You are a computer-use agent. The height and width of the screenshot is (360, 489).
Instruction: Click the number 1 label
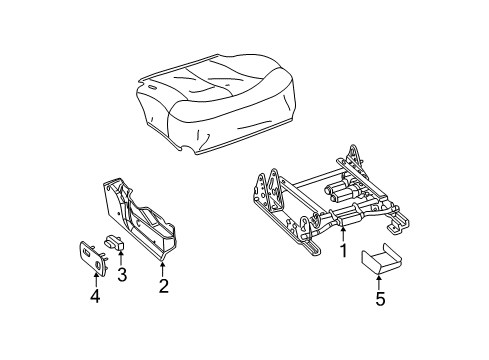[343, 251]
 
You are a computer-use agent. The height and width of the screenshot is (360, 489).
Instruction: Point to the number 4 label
[95, 296]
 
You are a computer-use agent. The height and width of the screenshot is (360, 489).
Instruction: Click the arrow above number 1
[343, 235]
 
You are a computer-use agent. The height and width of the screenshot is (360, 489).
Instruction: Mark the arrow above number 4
[95, 280]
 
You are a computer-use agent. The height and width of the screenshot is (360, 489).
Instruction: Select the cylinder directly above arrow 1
[344, 221]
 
